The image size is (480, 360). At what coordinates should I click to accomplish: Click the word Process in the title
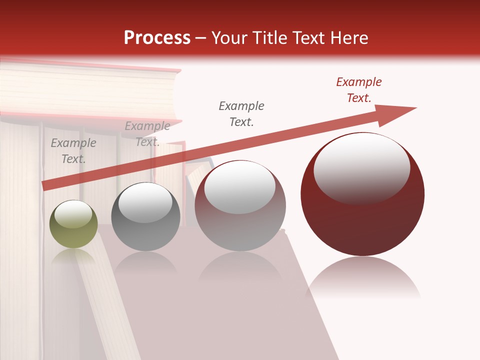click(157, 38)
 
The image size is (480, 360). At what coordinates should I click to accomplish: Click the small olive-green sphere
click(73, 225)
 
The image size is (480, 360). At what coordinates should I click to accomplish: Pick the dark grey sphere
click(145, 217)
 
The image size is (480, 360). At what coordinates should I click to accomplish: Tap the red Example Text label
click(359, 90)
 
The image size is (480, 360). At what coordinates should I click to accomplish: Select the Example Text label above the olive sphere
click(73, 151)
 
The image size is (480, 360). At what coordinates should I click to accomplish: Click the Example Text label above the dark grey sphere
click(147, 134)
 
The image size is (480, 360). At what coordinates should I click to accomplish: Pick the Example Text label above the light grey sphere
click(241, 114)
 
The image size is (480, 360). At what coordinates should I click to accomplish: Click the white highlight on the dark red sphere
click(361, 168)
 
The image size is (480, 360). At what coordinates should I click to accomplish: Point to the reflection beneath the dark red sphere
click(362, 277)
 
